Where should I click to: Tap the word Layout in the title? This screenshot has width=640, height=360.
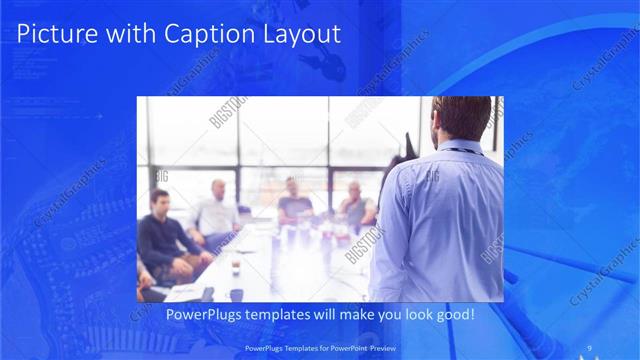point(299,34)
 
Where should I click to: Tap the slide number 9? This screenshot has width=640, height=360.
point(590,348)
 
